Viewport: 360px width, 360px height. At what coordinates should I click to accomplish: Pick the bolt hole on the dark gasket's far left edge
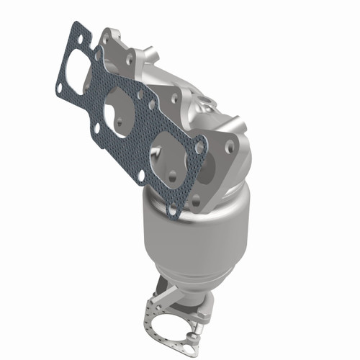[x=60, y=88]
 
